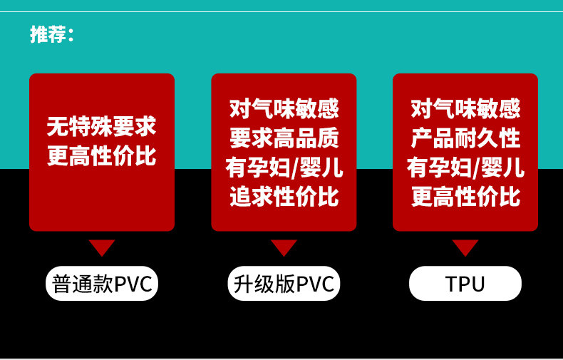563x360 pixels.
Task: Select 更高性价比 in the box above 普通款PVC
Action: point(101,155)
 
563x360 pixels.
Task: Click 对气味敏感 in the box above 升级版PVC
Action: point(284,109)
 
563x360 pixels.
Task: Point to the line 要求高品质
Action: point(284,138)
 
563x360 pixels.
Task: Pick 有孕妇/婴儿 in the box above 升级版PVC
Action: point(284,168)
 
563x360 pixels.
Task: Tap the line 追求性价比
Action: point(284,197)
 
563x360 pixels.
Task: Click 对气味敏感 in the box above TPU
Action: point(465,109)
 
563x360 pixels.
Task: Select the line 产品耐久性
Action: point(465,138)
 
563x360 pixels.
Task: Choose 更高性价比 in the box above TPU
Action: point(465,197)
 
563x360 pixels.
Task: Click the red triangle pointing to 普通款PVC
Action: point(102,247)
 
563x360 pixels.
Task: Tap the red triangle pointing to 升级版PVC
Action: point(284,247)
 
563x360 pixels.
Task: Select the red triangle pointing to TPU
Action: point(465,247)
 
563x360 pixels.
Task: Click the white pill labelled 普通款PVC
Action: point(102,284)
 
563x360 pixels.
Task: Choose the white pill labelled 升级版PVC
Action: point(284,284)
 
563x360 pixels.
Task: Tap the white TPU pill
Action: point(465,284)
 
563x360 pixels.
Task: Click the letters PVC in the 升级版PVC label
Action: point(315,284)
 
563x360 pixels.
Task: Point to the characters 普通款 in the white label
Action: point(78,284)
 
